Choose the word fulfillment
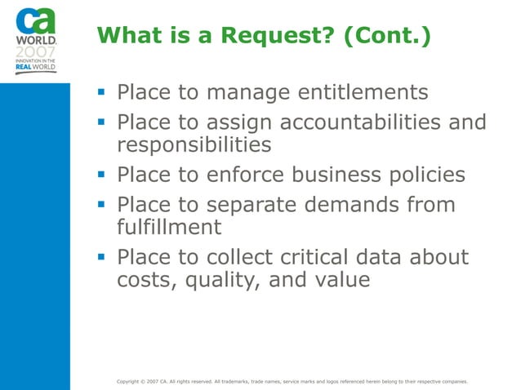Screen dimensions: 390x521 coord(167,229)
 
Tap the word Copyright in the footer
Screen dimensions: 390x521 coord(131,380)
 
